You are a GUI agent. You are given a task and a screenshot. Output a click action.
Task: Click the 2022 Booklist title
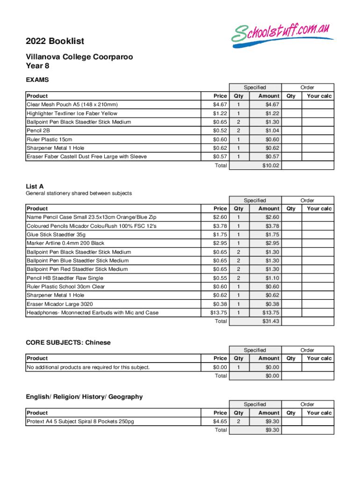tap(55, 41)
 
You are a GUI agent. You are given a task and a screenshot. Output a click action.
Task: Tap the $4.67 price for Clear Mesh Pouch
tap(220, 104)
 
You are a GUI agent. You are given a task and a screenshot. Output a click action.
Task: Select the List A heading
tap(35, 186)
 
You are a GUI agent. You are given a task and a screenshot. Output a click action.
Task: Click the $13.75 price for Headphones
tap(218, 312)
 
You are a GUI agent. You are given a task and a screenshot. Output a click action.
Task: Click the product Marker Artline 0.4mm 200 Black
tap(65, 243)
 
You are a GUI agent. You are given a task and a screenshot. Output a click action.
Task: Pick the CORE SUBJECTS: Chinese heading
tap(68, 342)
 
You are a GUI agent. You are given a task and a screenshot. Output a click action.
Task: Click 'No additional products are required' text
tap(88, 367)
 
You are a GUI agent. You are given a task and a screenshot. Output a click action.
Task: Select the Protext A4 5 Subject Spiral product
tap(80, 421)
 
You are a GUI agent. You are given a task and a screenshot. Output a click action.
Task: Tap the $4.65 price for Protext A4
tap(220, 421)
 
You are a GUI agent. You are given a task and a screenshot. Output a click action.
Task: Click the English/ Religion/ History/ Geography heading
tap(84, 397)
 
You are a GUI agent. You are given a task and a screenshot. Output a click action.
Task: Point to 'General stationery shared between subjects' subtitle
tap(79, 193)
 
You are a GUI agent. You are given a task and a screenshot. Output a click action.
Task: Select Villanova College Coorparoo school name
tap(79, 57)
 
